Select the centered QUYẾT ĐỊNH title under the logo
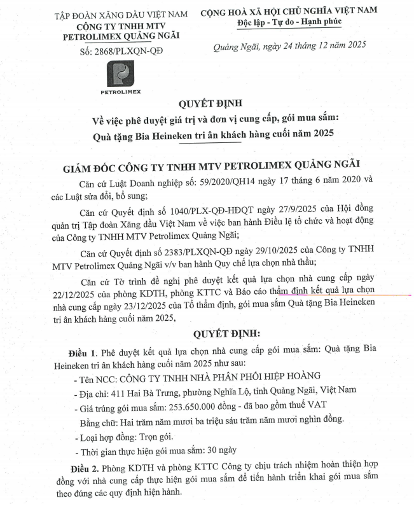tap(206, 104)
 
